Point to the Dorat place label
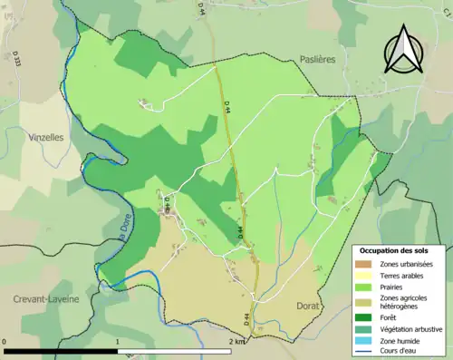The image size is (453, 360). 308,306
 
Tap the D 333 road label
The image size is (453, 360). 16,60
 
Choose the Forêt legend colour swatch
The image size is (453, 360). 367,317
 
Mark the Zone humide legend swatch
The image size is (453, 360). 367,339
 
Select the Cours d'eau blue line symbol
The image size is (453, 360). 367,350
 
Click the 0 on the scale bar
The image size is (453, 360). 5,342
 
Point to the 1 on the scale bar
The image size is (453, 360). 118,342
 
